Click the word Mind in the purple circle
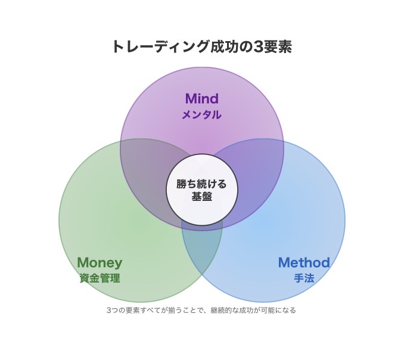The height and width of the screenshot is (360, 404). coord(201,98)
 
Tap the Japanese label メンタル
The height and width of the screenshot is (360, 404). coord(201,115)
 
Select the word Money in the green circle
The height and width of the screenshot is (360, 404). coord(100,262)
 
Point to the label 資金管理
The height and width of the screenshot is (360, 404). coord(100,278)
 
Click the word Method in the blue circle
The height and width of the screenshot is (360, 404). coord(304,262)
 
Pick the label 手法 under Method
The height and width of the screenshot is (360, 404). coord(304,278)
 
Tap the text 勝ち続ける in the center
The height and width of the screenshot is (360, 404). coord(202,184)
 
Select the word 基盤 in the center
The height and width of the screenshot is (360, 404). coord(202,197)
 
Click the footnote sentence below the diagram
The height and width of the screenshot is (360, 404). coord(201,311)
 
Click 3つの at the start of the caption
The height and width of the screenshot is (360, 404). coord(114,311)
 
